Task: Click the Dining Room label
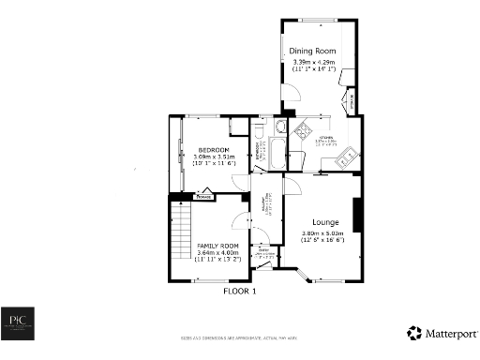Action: (x=312, y=52)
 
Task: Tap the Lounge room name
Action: (x=322, y=222)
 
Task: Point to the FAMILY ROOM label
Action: (x=217, y=246)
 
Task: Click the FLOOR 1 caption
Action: (x=239, y=292)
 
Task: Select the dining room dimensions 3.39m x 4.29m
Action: (x=312, y=65)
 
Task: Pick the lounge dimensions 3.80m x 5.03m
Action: (x=322, y=236)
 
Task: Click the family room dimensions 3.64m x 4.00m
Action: (x=217, y=255)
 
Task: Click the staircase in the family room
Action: (x=180, y=240)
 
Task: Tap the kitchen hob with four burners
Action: (x=305, y=132)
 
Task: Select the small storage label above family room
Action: (x=202, y=198)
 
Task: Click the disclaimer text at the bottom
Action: (x=239, y=337)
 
